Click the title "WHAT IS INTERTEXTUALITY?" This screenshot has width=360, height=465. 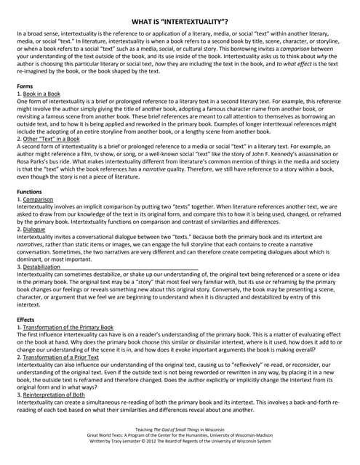click(180, 23)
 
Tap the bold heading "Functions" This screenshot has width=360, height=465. click(30, 190)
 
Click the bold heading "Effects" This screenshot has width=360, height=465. click(25, 320)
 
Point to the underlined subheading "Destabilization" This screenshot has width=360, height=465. click(42, 267)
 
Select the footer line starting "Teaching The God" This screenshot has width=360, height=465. click(180, 428)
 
